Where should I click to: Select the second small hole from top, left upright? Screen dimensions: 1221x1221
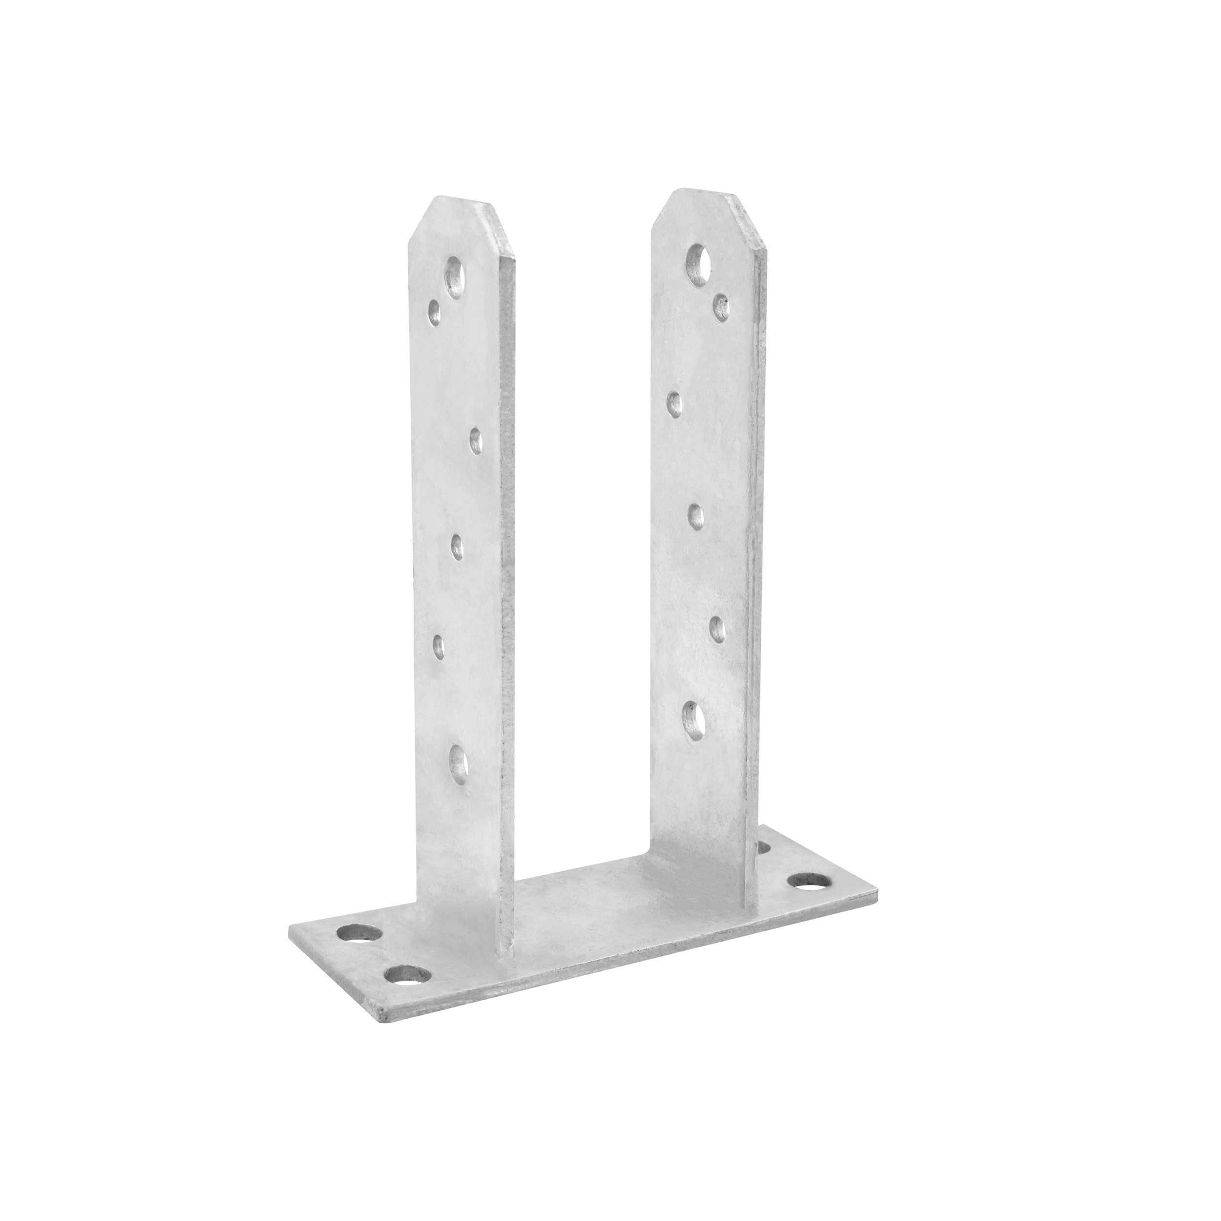476,441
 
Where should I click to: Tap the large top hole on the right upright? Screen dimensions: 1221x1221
696,265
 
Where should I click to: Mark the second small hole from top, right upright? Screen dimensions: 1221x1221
675,402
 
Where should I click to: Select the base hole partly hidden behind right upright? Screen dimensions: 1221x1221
763,847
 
